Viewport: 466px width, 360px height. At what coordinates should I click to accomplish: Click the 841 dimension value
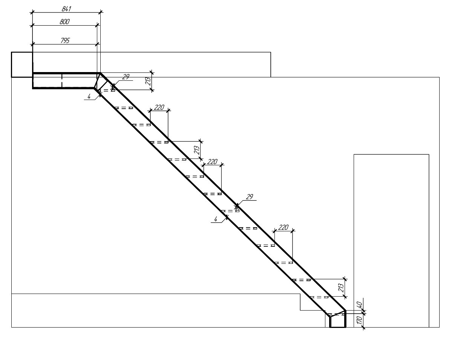pyautogui.click(x=66, y=9)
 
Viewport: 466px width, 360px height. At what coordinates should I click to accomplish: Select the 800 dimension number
pyautogui.click(x=64, y=22)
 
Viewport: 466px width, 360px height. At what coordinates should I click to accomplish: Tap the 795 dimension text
pyautogui.click(x=65, y=40)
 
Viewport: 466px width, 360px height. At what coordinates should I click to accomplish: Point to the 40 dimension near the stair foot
pyautogui.click(x=360, y=305)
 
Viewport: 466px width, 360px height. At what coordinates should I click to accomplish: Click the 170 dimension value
pyautogui.click(x=360, y=320)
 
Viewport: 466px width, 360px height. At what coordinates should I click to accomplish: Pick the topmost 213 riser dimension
pyautogui.click(x=148, y=81)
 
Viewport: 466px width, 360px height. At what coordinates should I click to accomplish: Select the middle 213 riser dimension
pyautogui.click(x=197, y=150)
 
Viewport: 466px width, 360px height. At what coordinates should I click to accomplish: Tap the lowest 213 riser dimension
pyautogui.click(x=341, y=288)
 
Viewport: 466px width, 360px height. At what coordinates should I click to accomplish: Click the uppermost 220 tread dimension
pyautogui.click(x=159, y=107)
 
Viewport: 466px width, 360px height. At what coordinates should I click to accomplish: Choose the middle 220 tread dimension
pyautogui.click(x=212, y=162)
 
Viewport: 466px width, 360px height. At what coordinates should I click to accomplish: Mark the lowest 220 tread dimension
pyautogui.click(x=283, y=227)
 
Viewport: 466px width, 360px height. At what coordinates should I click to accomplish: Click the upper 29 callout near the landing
pyautogui.click(x=126, y=77)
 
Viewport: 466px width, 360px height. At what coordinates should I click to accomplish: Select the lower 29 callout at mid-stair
pyautogui.click(x=250, y=197)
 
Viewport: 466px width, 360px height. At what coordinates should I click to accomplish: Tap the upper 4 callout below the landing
pyautogui.click(x=89, y=97)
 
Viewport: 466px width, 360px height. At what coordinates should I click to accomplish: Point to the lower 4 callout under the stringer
pyautogui.click(x=216, y=219)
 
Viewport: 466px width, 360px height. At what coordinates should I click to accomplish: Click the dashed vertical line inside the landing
pyautogui.click(x=62, y=81)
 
